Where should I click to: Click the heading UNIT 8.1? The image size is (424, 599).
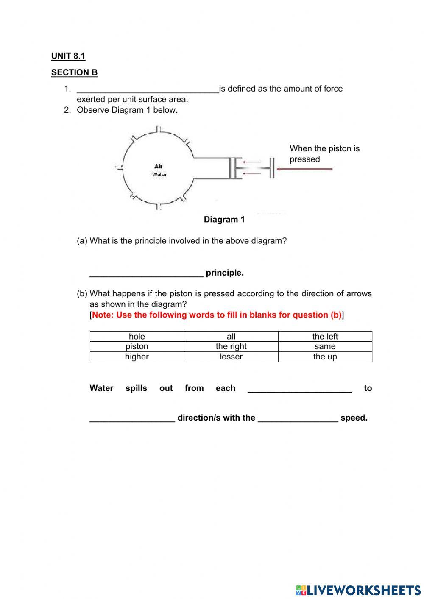coord(68,56)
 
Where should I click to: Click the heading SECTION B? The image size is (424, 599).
coord(74,72)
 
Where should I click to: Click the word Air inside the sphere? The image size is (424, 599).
coord(159,166)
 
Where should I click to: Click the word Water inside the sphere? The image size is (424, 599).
coord(159,174)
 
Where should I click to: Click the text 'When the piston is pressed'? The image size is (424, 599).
coord(324,153)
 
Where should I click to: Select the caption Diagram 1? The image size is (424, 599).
coord(224,220)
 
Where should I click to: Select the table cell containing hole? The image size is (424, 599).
coord(137,336)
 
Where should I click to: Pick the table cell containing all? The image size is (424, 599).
coord(231,336)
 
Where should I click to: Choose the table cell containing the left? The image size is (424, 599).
coord(325,336)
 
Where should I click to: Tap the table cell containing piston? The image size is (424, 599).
coord(137,346)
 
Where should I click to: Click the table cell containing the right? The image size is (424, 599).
coord(231,346)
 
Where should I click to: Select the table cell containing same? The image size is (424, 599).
coord(325,346)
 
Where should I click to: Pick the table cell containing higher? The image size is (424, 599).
coord(137,357)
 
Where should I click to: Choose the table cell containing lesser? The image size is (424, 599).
coord(231,357)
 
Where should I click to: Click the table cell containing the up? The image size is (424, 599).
coord(325,357)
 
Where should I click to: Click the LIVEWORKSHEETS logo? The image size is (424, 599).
coord(358,590)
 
